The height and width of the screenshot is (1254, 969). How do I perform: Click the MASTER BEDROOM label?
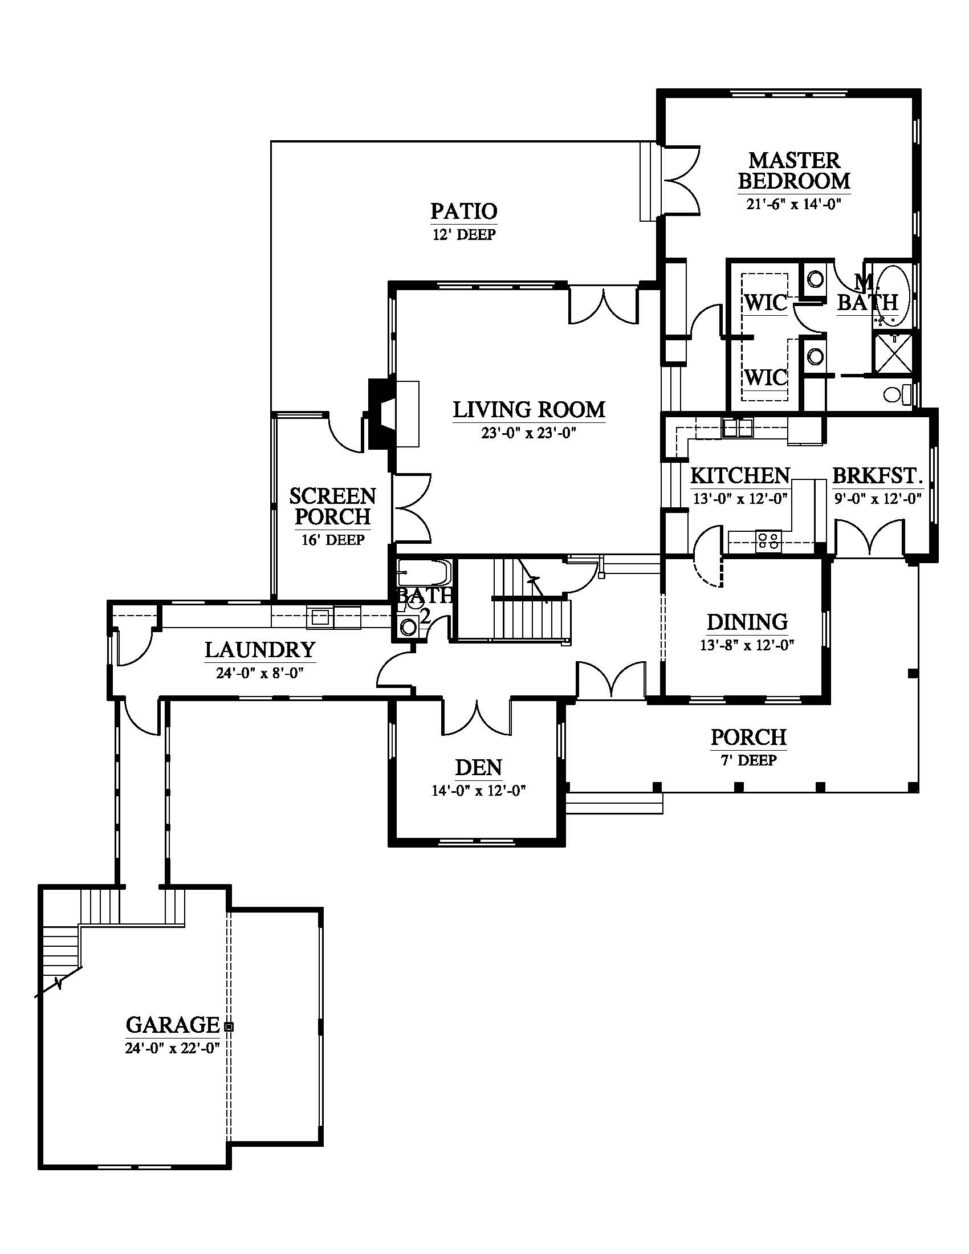click(x=794, y=170)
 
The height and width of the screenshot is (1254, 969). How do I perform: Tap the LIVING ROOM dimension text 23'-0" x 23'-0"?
click(x=529, y=433)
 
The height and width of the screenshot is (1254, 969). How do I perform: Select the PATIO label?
click(x=464, y=211)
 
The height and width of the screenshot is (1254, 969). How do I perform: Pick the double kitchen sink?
click(x=738, y=427)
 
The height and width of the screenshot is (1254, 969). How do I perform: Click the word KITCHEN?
click(x=740, y=475)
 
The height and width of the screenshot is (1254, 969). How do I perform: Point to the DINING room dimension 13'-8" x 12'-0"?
click(x=746, y=645)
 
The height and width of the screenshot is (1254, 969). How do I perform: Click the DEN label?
click(x=479, y=768)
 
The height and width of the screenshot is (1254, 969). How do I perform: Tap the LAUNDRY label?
click(x=260, y=649)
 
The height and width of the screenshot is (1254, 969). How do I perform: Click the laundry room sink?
click(x=320, y=617)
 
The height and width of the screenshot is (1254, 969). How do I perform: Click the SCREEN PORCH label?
click(x=332, y=506)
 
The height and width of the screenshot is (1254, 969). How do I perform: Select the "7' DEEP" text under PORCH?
click(x=748, y=760)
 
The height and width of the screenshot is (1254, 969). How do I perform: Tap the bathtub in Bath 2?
click(x=424, y=572)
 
